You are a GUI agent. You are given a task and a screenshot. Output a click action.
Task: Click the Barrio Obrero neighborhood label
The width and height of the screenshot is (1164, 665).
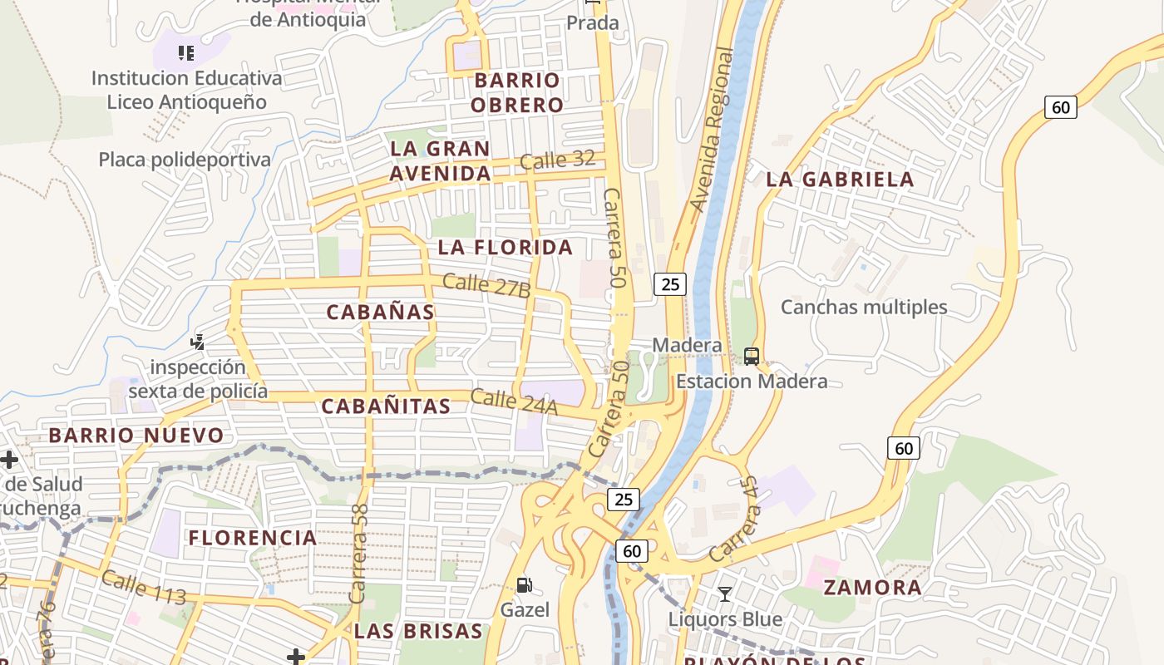(516, 92)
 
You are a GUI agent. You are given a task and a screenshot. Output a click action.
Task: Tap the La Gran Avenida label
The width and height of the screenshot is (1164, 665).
(440, 161)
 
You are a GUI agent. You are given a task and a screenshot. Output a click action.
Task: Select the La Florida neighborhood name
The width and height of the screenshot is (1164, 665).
(506, 247)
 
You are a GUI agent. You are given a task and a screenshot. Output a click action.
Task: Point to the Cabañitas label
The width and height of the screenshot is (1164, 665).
(386, 406)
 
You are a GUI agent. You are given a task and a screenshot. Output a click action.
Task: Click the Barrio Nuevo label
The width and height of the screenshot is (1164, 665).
(136, 436)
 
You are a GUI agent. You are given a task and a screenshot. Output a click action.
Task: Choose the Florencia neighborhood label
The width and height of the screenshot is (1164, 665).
(253, 538)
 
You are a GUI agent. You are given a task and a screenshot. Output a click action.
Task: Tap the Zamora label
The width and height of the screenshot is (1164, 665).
(872, 588)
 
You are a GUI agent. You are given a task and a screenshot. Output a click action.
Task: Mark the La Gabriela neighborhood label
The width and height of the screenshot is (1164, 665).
(840, 179)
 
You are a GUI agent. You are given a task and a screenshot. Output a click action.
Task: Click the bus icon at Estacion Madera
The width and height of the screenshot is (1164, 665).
(752, 357)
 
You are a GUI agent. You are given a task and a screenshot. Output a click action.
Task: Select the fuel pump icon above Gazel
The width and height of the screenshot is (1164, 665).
(525, 585)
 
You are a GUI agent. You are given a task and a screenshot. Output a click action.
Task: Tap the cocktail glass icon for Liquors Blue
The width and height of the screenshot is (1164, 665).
(725, 594)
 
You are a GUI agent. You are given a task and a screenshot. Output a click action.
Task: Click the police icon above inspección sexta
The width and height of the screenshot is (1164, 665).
(198, 342)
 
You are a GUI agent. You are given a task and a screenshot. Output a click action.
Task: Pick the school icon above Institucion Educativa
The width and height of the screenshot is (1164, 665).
(186, 54)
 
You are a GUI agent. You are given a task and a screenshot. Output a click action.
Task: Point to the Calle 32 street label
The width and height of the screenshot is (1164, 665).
(556, 160)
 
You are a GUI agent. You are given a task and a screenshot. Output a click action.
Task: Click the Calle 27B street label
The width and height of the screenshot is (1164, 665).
(486, 285)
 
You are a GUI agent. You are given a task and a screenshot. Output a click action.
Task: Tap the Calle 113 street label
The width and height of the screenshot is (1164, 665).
(143, 588)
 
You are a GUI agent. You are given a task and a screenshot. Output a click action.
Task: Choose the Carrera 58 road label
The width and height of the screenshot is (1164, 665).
(359, 554)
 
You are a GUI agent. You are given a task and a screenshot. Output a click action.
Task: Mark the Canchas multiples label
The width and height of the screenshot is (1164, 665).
(864, 307)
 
